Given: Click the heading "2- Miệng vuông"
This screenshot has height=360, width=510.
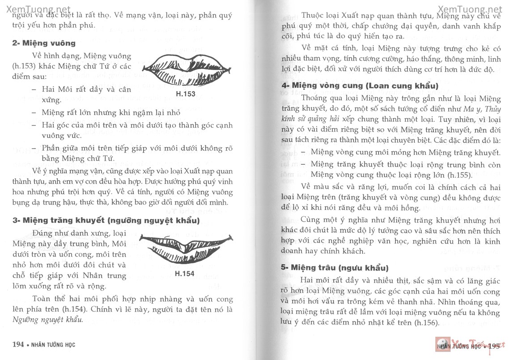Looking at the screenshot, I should click(x=44, y=43).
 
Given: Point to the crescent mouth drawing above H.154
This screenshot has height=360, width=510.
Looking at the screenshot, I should click(x=186, y=248).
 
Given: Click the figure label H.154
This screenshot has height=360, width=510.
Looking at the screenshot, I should click(x=184, y=274).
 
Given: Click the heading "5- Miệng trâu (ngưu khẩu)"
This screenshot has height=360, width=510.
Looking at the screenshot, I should click(x=335, y=268).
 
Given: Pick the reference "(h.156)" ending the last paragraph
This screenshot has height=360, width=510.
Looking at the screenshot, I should click(x=415, y=323).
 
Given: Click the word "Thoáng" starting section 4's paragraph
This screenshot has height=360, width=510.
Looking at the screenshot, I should click(x=316, y=98).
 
